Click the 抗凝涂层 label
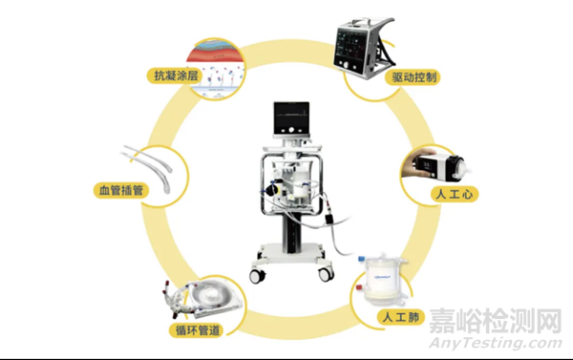(176, 75)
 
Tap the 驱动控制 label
(414, 77)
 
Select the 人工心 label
(455, 194)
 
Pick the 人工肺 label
(401, 316)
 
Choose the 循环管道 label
(198, 330)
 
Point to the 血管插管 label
(121, 190)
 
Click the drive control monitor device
(364, 48)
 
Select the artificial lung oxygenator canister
(382, 280)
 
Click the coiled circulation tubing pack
(202, 298)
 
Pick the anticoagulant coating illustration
(215, 69)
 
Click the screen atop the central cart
(291, 118)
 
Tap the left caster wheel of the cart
(257, 276)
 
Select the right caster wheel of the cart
(326, 274)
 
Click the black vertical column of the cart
(292, 232)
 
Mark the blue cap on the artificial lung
(362, 259)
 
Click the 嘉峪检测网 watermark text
(496, 321)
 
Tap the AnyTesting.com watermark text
(496, 343)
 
